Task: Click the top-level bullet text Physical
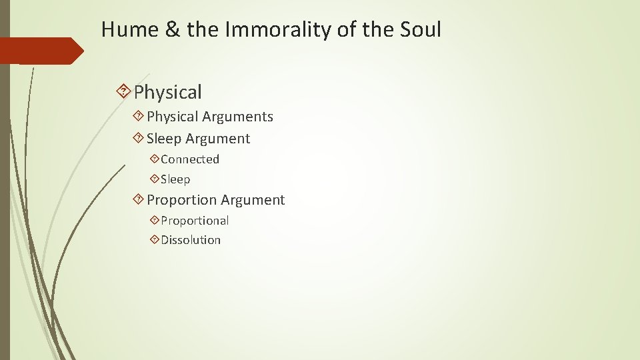(167, 93)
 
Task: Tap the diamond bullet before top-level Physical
(123, 92)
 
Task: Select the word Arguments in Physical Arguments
(237, 117)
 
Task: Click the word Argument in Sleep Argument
(218, 139)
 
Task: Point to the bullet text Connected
(190, 159)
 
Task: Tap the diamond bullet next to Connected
(155, 159)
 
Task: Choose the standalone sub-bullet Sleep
(175, 179)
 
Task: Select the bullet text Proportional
(195, 220)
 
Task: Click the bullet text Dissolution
(191, 240)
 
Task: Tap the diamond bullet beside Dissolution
(155, 240)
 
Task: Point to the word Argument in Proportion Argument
(253, 200)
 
